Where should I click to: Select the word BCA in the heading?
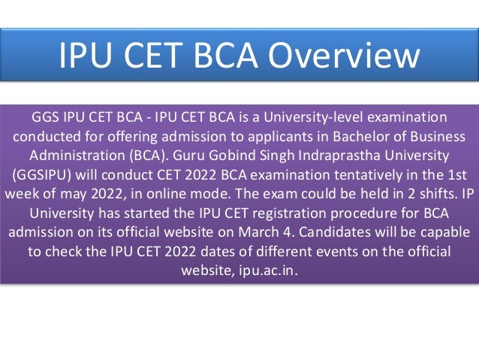point(213,56)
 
